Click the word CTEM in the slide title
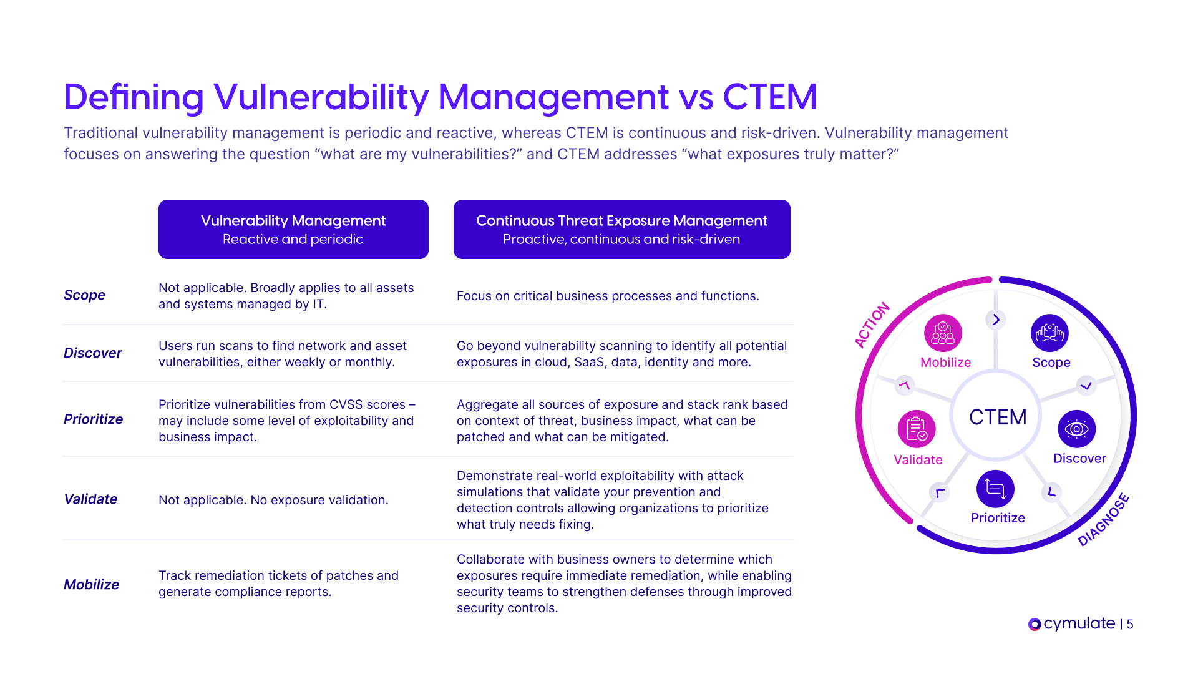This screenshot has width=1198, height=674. point(770,97)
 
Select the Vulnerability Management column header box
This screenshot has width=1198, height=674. point(293,229)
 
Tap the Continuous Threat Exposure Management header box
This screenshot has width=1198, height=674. point(621,229)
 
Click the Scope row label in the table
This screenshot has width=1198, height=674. point(84,295)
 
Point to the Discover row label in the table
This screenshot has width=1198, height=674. point(92,353)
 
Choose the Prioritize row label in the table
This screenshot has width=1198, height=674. point(93,419)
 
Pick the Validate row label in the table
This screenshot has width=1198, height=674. point(90,499)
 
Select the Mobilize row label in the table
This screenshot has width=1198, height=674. point(91,585)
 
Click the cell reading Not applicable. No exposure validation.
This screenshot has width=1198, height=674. point(273,500)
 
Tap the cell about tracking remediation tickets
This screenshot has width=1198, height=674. point(278,584)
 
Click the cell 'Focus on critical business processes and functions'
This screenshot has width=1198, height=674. point(608,296)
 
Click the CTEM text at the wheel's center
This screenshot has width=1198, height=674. point(998,417)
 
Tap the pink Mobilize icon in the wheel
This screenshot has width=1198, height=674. point(943,333)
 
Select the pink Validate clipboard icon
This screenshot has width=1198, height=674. point(917,429)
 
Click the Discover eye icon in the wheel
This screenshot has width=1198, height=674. point(1077,429)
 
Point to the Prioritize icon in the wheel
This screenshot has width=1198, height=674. point(995,489)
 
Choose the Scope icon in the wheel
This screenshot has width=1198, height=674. point(1049,333)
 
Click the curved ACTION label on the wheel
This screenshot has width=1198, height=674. point(872,325)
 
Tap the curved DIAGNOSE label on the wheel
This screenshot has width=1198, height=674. point(1104,520)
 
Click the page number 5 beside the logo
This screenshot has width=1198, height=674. point(1130,624)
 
